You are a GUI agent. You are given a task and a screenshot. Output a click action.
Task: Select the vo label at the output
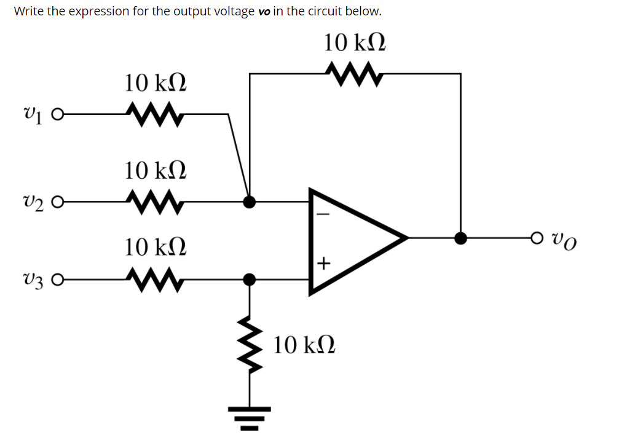click(565, 238)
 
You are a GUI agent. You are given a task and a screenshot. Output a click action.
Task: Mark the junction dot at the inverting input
click(250, 201)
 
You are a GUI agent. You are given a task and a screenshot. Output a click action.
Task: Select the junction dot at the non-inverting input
click(250, 280)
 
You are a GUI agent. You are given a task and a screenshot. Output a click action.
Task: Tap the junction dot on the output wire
click(460, 238)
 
